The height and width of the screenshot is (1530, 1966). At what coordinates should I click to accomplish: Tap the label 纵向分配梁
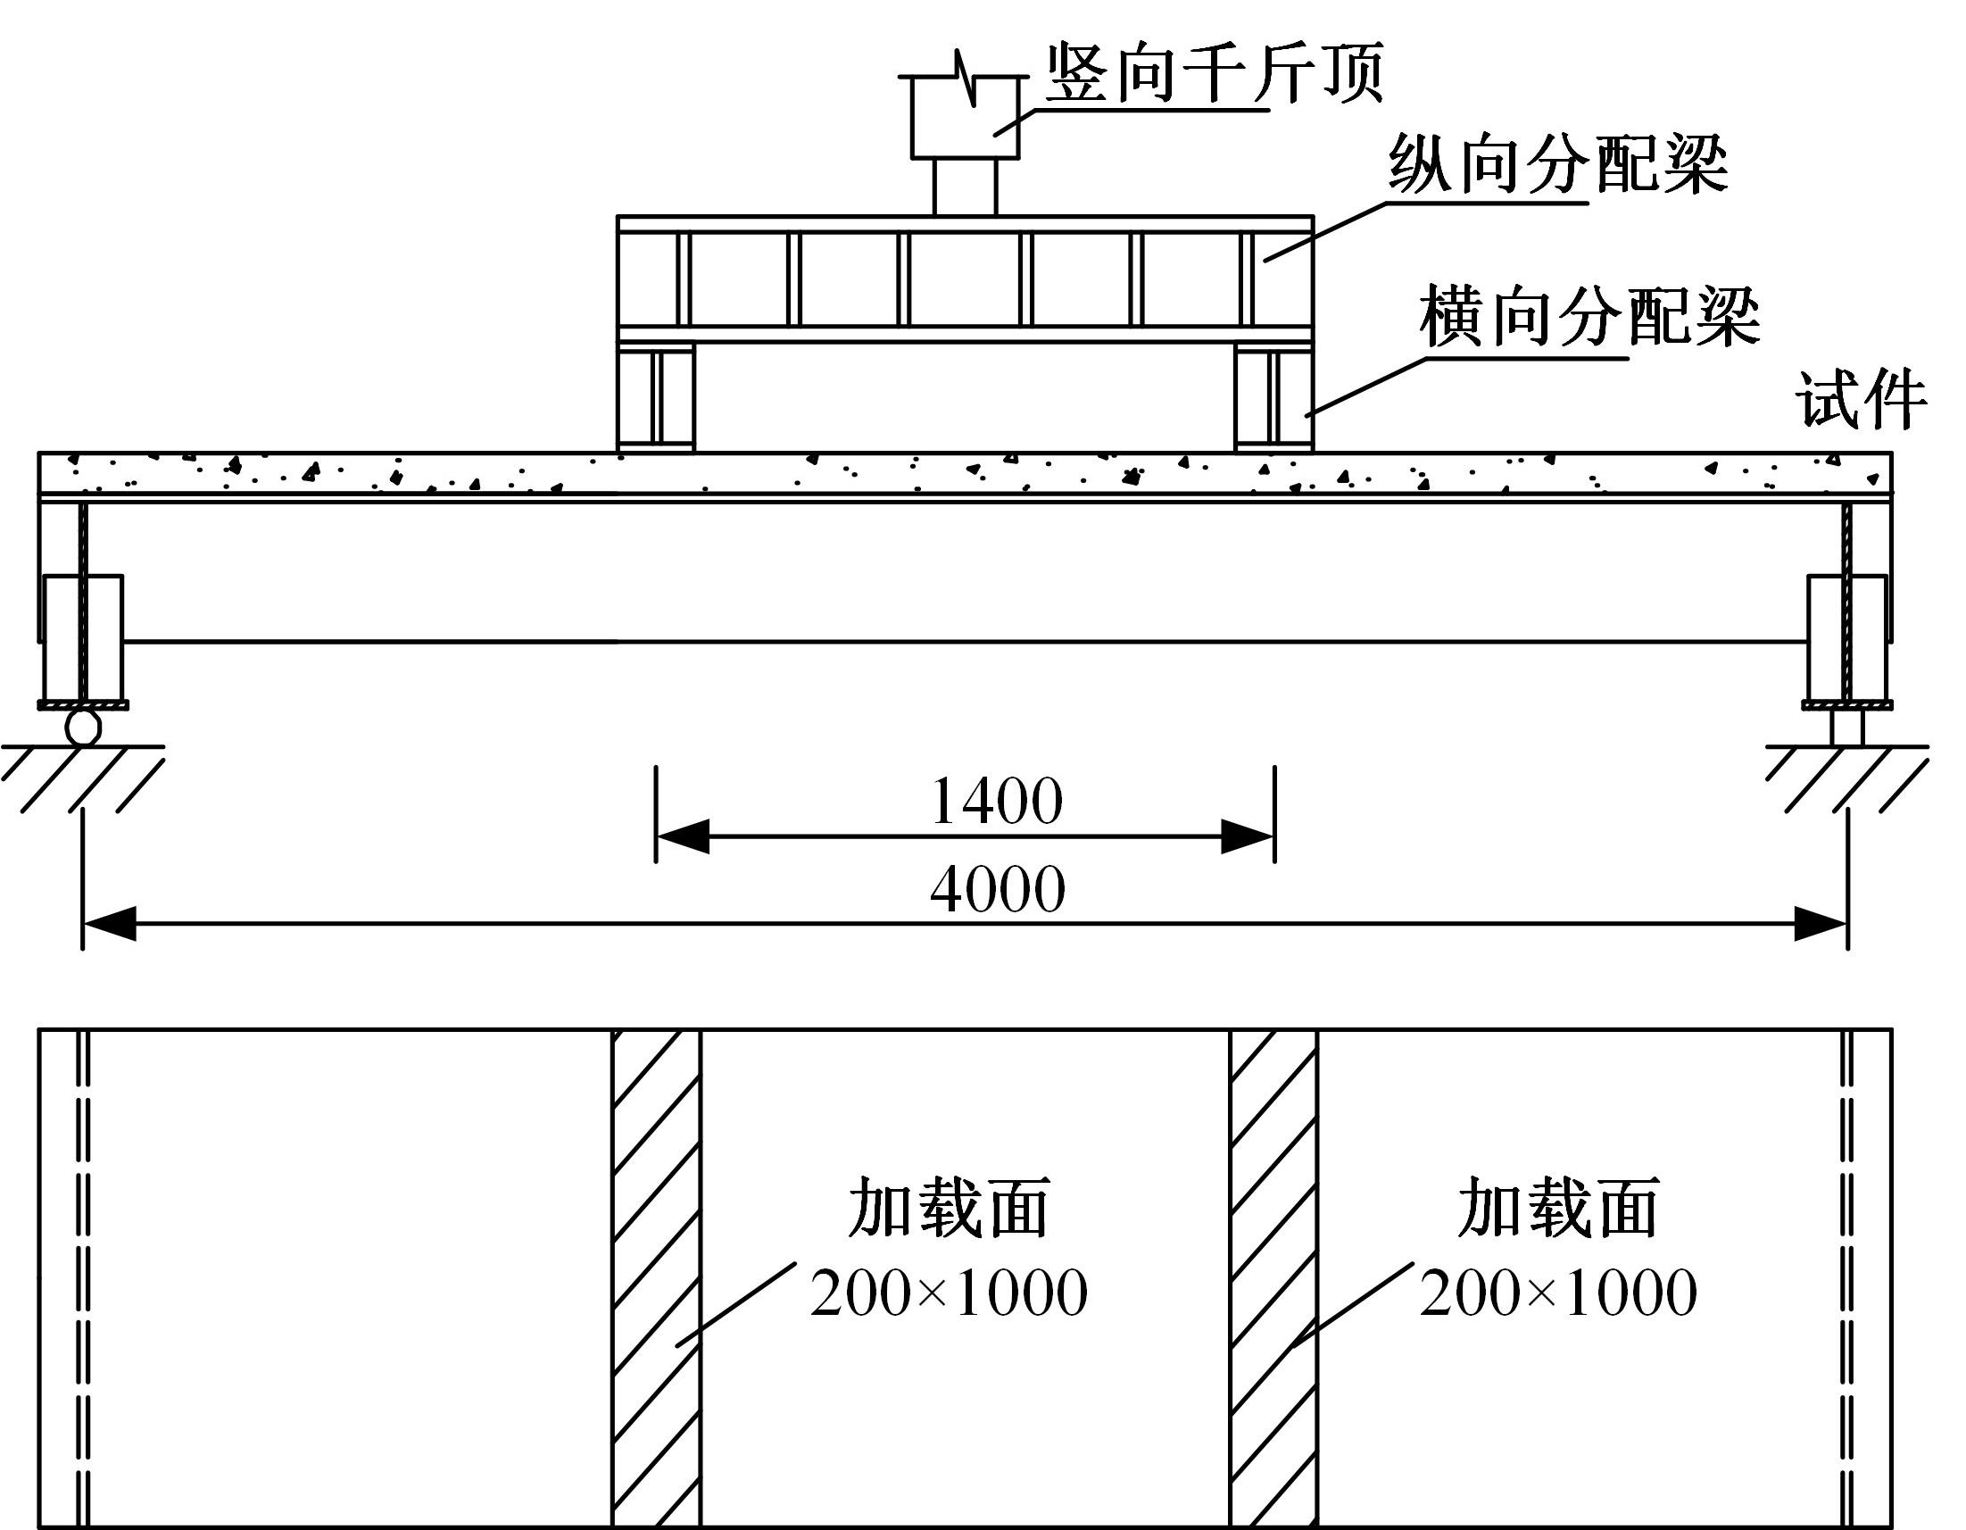pyautogui.click(x=1558, y=165)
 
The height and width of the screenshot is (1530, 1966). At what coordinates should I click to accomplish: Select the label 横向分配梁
pyautogui.click(x=1589, y=317)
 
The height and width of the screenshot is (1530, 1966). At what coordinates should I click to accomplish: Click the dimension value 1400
pyautogui.click(x=997, y=802)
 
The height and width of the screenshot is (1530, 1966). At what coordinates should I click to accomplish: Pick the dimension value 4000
pyautogui.click(x=999, y=889)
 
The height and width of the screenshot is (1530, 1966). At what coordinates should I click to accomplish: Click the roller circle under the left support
pyautogui.click(x=83, y=727)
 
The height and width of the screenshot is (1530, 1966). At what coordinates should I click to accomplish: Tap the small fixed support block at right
pyautogui.click(x=1847, y=728)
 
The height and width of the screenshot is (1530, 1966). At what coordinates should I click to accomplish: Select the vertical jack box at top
pyautogui.click(x=965, y=118)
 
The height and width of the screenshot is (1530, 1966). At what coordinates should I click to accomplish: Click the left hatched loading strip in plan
pyautogui.click(x=656, y=1279)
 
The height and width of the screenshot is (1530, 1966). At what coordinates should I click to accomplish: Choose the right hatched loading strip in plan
pyautogui.click(x=1273, y=1279)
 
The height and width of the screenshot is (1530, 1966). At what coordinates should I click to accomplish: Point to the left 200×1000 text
pyautogui.click(x=949, y=1294)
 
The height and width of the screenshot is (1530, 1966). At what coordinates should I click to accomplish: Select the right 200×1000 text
pyautogui.click(x=1558, y=1294)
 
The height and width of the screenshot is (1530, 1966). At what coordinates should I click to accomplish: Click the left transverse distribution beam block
pyautogui.click(x=656, y=397)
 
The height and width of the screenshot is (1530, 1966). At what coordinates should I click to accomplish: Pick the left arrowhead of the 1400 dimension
pyautogui.click(x=683, y=836)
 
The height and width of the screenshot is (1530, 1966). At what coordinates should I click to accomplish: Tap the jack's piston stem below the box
pyautogui.click(x=965, y=187)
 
